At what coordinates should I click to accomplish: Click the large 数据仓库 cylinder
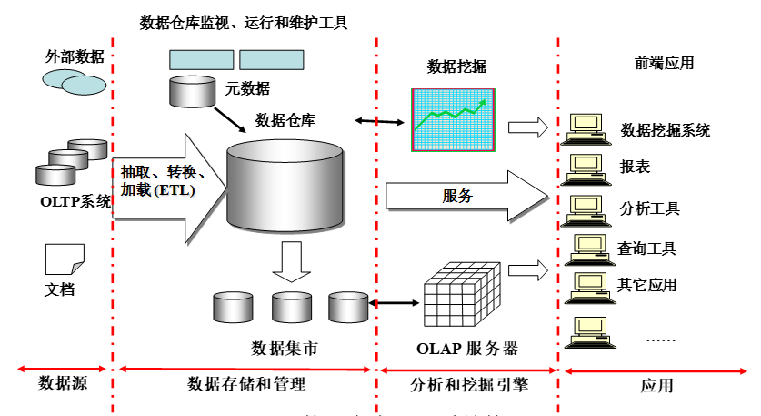pyautogui.click(x=285, y=186)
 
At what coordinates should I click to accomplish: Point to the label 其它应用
pyautogui.click(x=647, y=284)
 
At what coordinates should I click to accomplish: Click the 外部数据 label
pyautogui.click(x=75, y=56)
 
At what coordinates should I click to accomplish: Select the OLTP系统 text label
pyautogui.click(x=74, y=201)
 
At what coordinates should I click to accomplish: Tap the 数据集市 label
pyautogui.click(x=285, y=348)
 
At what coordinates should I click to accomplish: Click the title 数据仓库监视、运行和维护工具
pyautogui.click(x=244, y=22)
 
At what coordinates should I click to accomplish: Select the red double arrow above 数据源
pyautogui.click(x=60, y=369)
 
